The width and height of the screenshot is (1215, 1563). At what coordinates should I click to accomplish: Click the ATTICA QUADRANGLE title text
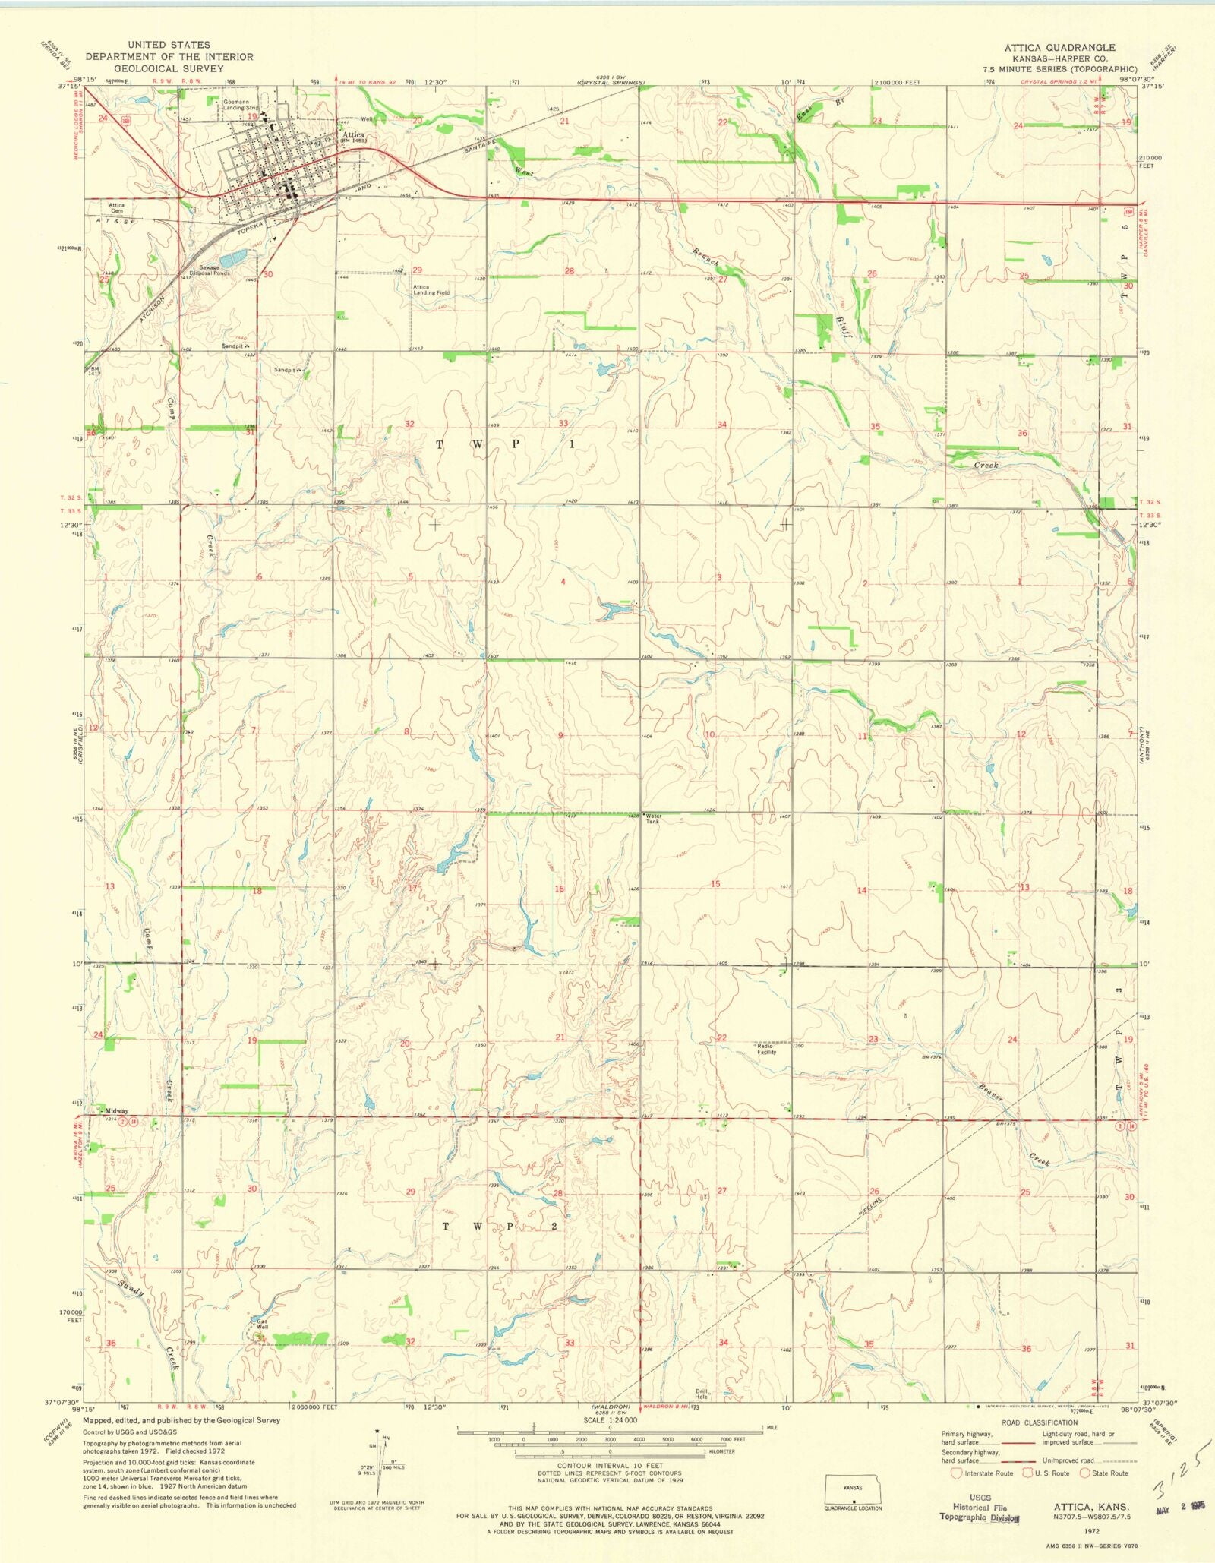pyautogui.click(x=1059, y=47)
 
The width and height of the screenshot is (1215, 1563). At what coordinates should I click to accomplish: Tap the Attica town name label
pyautogui.click(x=353, y=135)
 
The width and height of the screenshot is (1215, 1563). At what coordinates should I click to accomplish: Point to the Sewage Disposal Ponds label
pyautogui.click(x=210, y=270)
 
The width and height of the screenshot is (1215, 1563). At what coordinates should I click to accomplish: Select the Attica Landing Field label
pyautogui.click(x=431, y=289)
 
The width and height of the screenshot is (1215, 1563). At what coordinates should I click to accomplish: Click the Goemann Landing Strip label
pyautogui.click(x=240, y=105)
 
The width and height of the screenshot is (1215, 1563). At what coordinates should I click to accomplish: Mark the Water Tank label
pyautogui.click(x=653, y=819)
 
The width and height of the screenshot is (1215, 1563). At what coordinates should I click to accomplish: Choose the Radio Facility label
pyautogui.click(x=766, y=1049)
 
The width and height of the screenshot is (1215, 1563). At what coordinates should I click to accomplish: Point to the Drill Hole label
pyautogui.click(x=701, y=1394)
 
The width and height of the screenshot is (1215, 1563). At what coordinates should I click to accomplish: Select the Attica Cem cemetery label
pyautogui.click(x=116, y=208)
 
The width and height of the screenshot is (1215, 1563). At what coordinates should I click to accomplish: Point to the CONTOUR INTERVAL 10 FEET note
pyautogui.click(x=610, y=1466)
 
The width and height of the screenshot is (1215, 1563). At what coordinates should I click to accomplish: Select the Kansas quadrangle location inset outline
pyautogui.click(x=853, y=1489)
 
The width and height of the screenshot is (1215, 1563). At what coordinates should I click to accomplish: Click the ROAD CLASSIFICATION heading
pyautogui.click(x=1039, y=1422)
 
